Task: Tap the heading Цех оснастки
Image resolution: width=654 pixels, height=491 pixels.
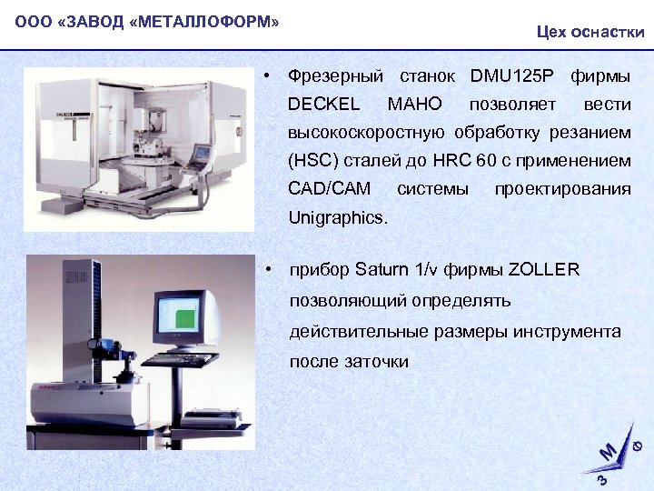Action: pos(590,32)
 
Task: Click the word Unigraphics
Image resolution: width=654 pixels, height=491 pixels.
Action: pos(336,218)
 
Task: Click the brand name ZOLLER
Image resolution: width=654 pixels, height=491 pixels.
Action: pos(543,270)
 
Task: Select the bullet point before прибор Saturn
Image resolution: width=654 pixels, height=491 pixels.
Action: pos(270,270)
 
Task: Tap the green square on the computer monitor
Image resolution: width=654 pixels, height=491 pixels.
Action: pos(185,318)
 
